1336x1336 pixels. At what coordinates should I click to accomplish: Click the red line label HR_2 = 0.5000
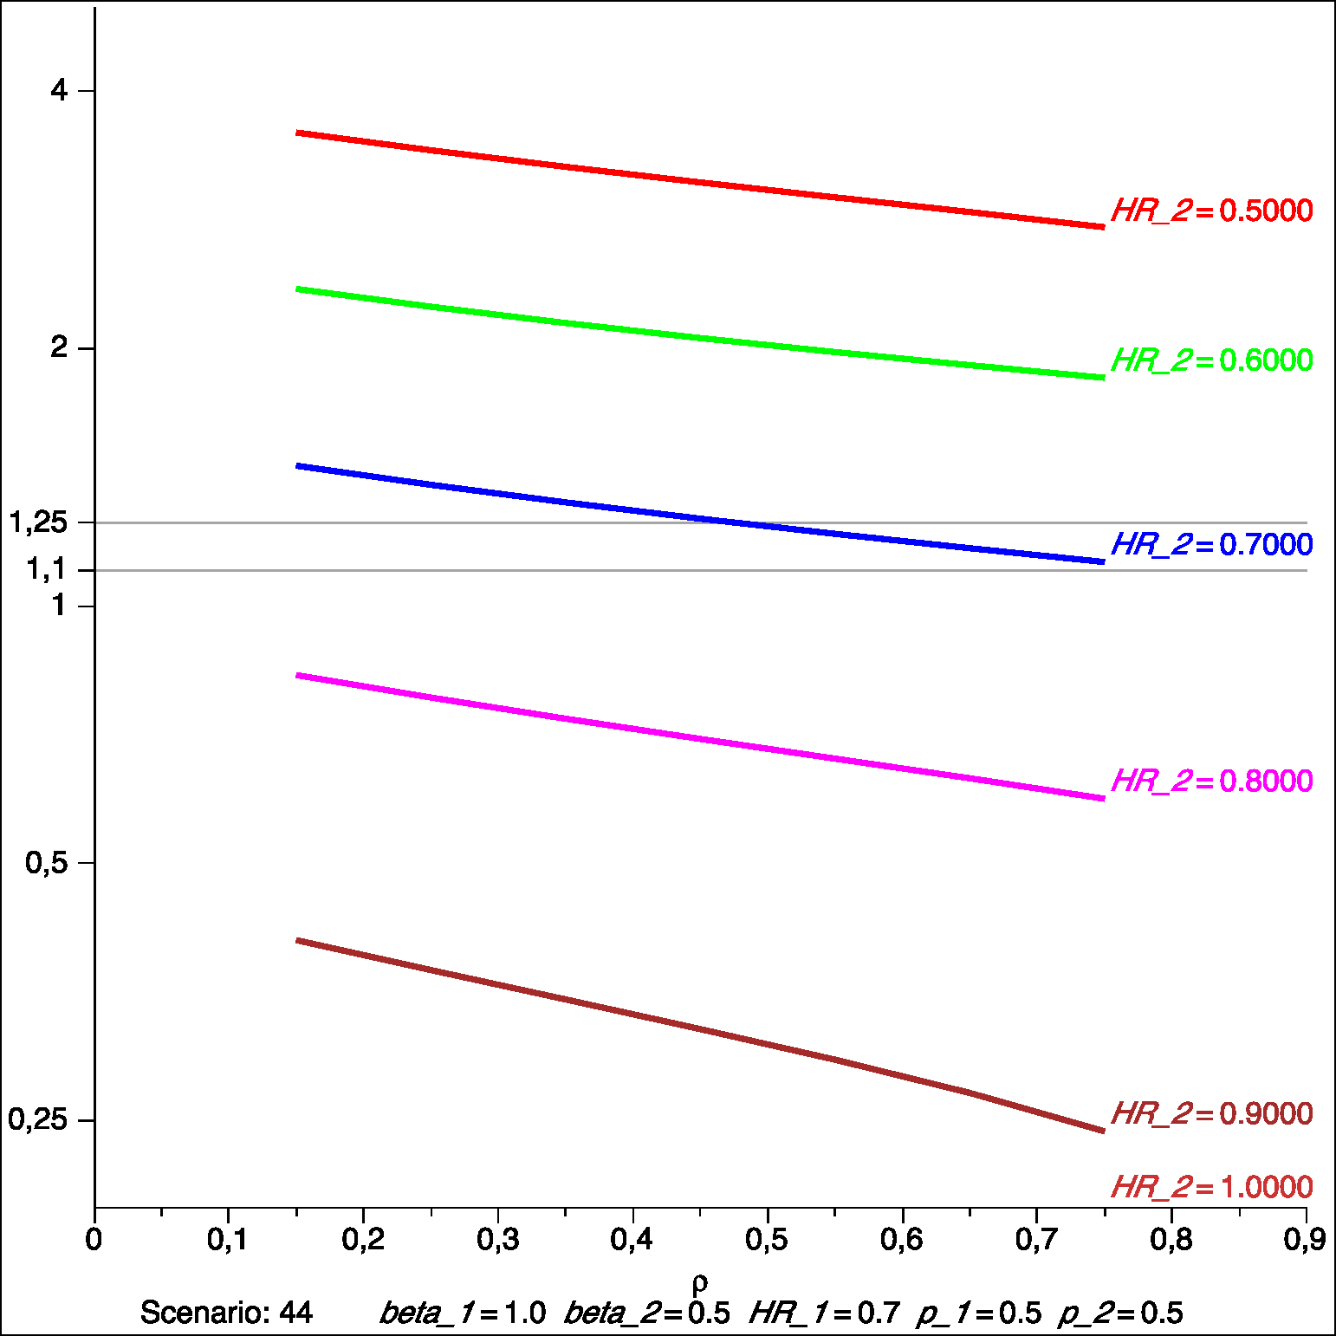point(1211,211)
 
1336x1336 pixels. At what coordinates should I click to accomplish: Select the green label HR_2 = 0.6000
point(1211,360)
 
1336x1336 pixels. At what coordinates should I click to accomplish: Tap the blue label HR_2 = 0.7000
point(1211,545)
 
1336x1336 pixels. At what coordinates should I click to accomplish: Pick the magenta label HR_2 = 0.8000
point(1211,781)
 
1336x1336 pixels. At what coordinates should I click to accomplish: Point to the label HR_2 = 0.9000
point(1211,1114)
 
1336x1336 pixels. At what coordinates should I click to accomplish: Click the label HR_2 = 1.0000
point(1211,1187)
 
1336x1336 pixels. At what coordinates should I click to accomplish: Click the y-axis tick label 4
point(59,90)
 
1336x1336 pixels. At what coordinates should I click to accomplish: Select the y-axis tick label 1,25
point(38,522)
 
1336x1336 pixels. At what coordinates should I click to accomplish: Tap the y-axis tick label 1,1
point(46,569)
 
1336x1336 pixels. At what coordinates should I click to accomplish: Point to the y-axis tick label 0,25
point(38,1119)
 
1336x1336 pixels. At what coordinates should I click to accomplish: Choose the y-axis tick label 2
point(59,347)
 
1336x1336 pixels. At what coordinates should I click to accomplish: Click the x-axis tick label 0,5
point(767,1240)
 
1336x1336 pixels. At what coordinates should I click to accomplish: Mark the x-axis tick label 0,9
point(1304,1240)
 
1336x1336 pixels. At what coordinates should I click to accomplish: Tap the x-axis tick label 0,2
point(363,1240)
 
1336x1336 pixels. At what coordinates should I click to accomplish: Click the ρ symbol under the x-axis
point(700,1282)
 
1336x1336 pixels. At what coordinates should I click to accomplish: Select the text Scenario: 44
point(226,1313)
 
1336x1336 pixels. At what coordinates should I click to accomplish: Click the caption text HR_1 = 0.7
point(824,1313)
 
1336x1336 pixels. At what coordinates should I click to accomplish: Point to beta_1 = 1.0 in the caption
point(463,1313)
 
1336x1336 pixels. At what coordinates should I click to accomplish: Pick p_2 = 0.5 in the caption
point(1120,1313)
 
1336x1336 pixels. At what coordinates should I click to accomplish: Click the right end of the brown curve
point(1103,1131)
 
